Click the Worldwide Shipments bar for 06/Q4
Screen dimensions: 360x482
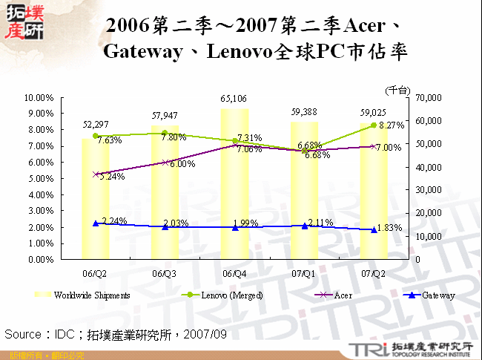tap(234, 186)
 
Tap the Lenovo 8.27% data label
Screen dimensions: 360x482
tap(391, 126)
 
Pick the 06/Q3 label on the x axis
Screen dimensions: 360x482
tap(165, 273)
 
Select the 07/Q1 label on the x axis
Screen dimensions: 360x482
tap(304, 273)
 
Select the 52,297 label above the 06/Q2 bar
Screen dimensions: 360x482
tap(96, 125)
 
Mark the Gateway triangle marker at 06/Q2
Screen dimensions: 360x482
tap(95, 223)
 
